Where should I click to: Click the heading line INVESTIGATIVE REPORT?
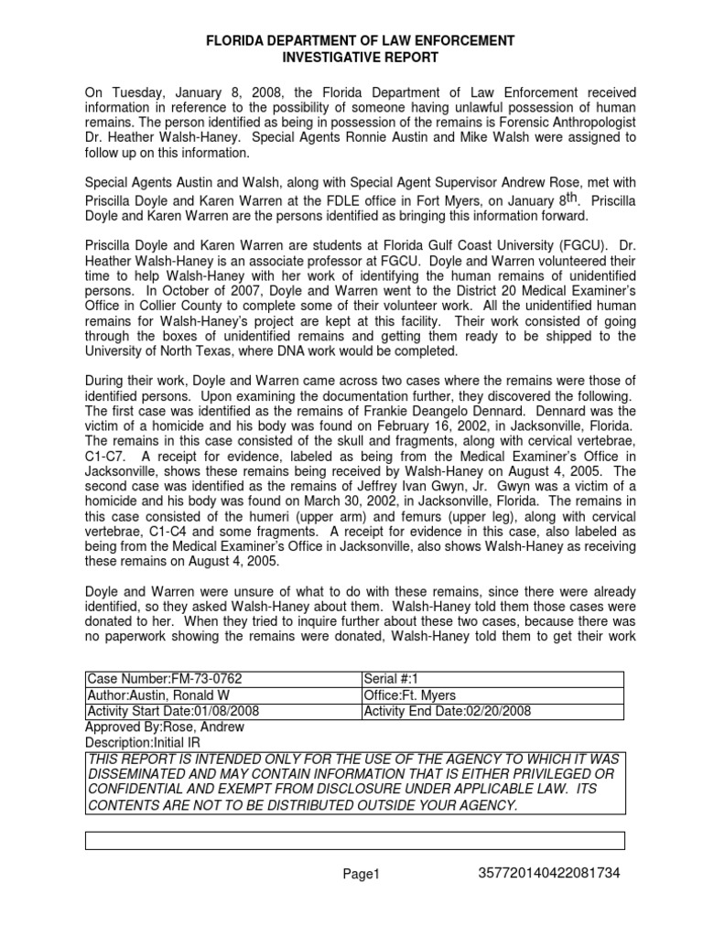pos(352,58)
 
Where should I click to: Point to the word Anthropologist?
pos(581,122)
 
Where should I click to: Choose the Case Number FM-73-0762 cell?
pos(166,679)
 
